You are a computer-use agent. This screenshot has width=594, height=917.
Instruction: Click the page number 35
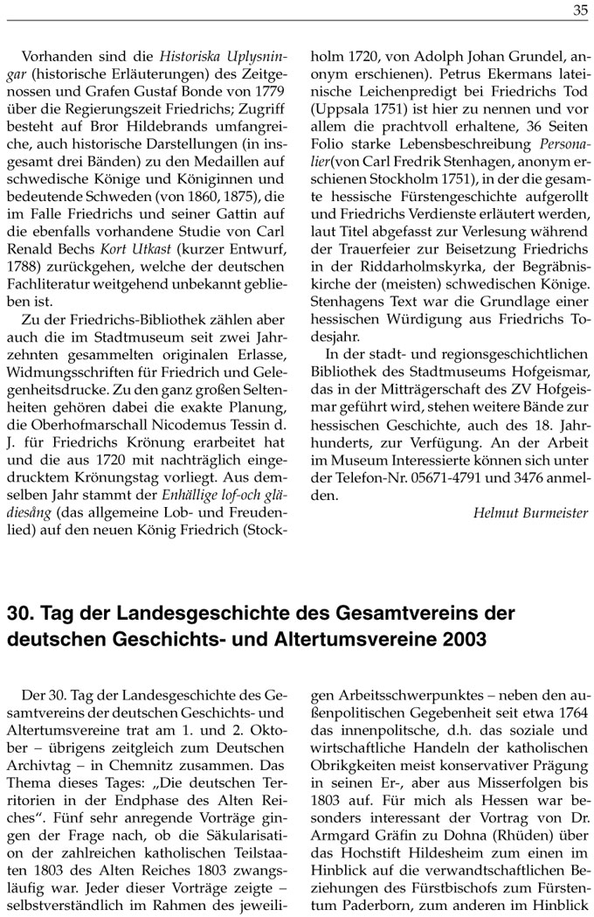click(x=580, y=11)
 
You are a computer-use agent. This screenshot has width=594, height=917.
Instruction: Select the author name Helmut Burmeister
click(x=530, y=513)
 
